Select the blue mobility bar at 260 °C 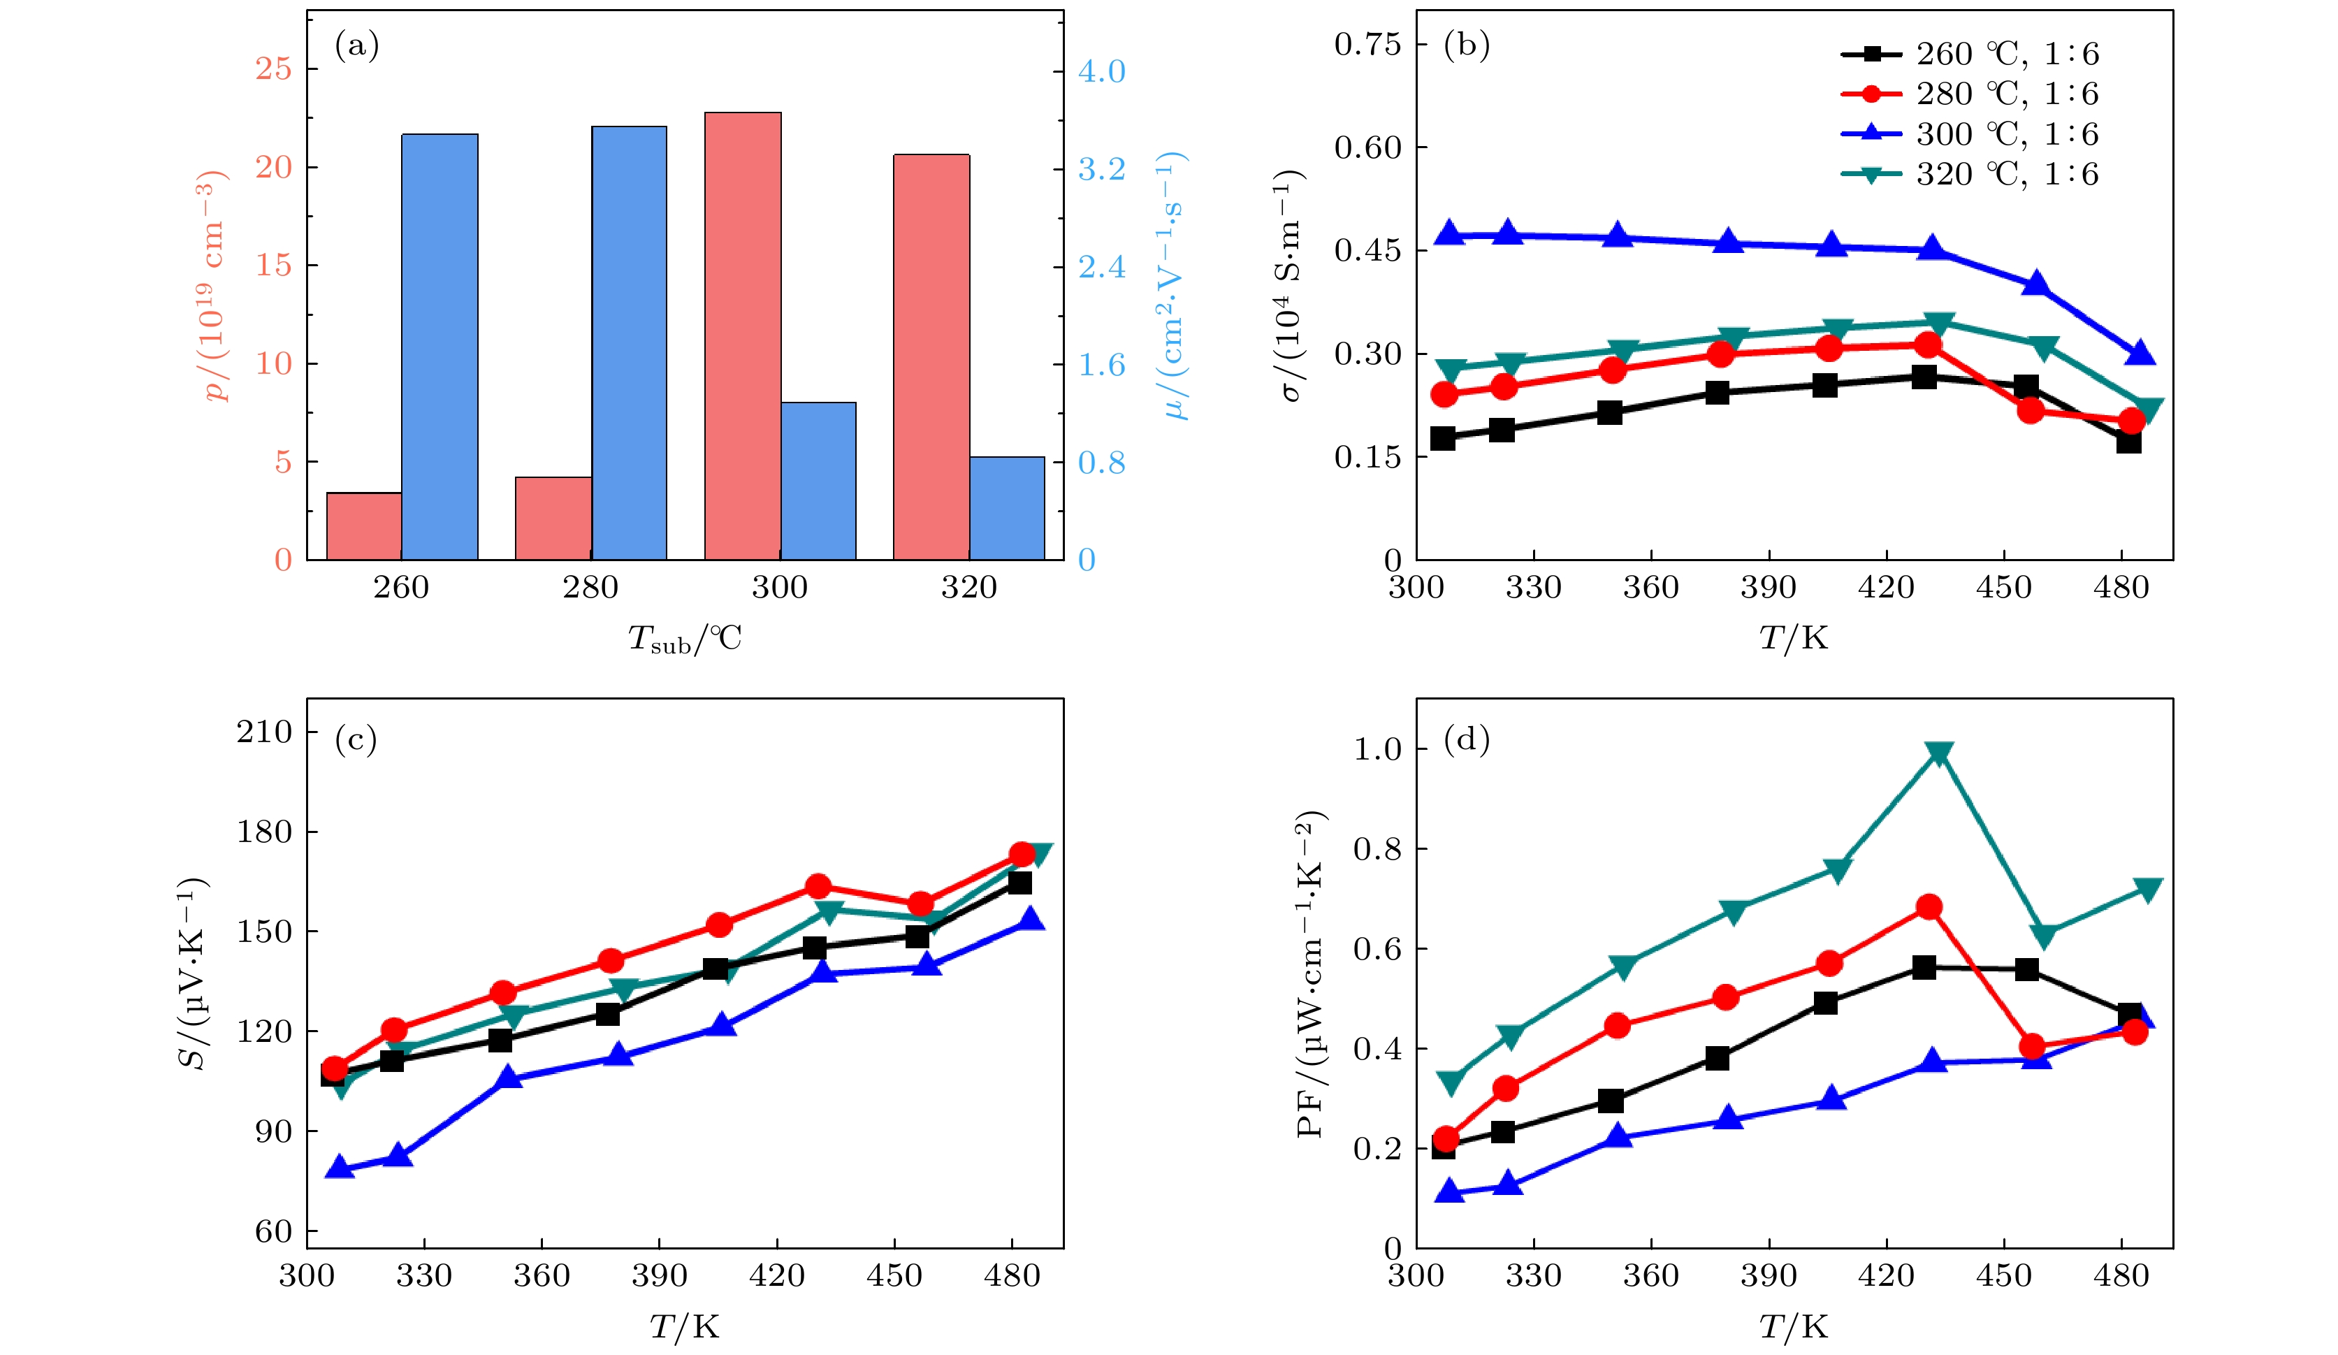click(x=440, y=347)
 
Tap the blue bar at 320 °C click(x=1007, y=509)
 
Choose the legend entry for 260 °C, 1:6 click(x=2007, y=54)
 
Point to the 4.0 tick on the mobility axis click(x=1101, y=71)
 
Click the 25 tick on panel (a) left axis click(x=274, y=68)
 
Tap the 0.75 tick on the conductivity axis click(x=1367, y=43)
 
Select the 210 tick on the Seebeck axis click(x=264, y=732)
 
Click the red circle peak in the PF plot click(x=1929, y=907)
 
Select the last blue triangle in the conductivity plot click(x=2140, y=354)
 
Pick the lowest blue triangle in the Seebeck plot click(x=340, y=1168)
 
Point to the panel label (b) click(x=1466, y=45)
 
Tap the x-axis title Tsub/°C click(x=685, y=639)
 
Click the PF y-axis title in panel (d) click(x=1311, y=974)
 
